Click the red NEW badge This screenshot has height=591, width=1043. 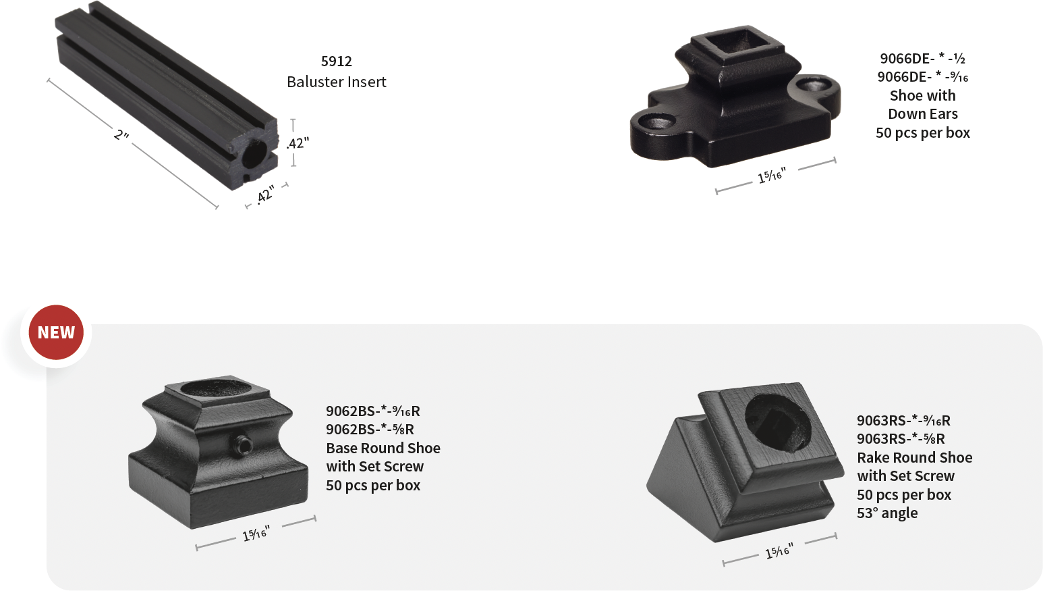coord(56,332)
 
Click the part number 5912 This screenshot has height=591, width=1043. coord(336,61)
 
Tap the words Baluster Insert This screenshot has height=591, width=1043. coord(336,82)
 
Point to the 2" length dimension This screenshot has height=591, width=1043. coord(121,135)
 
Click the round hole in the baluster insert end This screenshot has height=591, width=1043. coord(255,153)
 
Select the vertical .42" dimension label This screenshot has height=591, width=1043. coord(298,143)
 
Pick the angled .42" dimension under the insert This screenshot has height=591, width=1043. coord(265,194)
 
